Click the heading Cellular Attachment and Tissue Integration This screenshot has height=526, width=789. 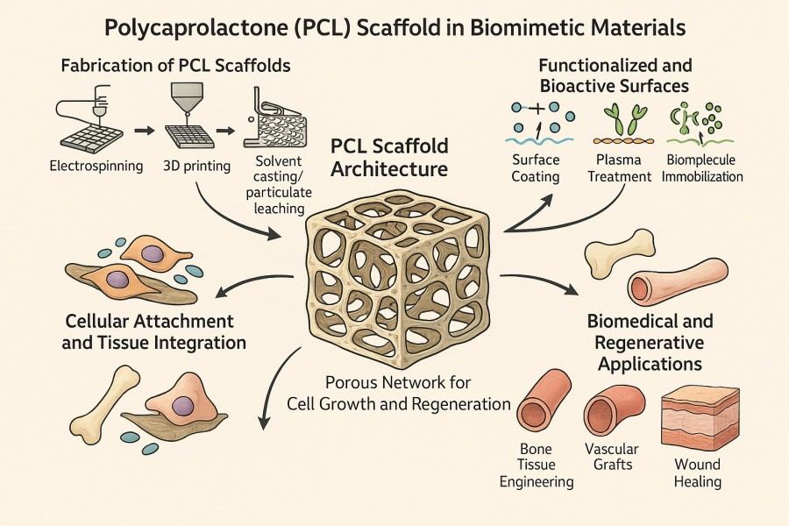coord(154,331)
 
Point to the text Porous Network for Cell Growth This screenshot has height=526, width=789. coord(399,394)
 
